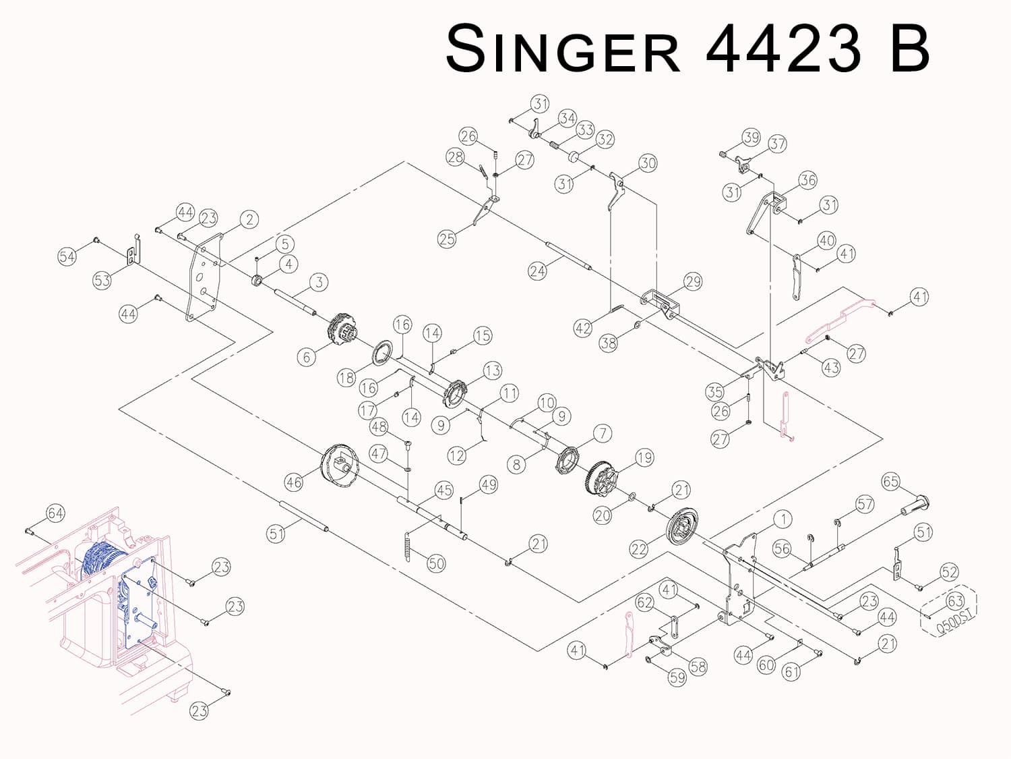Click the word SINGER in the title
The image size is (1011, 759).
click(x=563, y=49)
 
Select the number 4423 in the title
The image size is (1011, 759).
click(x=784, y=49)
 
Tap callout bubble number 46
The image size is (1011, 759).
click(x=294, y=482)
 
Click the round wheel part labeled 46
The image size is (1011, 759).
click(x=340, y=465)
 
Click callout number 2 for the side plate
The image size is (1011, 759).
click(x=249, y=219)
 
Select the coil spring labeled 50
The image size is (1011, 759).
click(x=408, y=545)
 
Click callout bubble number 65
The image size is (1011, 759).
click(x=890, y=481)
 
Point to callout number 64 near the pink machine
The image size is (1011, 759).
click(x=55, y=513)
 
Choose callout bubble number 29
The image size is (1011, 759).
click(x=693, y=281)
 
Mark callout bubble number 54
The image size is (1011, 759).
click(x=67, y=256)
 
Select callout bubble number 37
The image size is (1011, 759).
click(x=778, y=144)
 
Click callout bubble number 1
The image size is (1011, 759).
click(x=783, y=519)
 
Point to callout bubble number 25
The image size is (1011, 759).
click(x=447, y=239)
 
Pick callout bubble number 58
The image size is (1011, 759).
click(x=698, y=667)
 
